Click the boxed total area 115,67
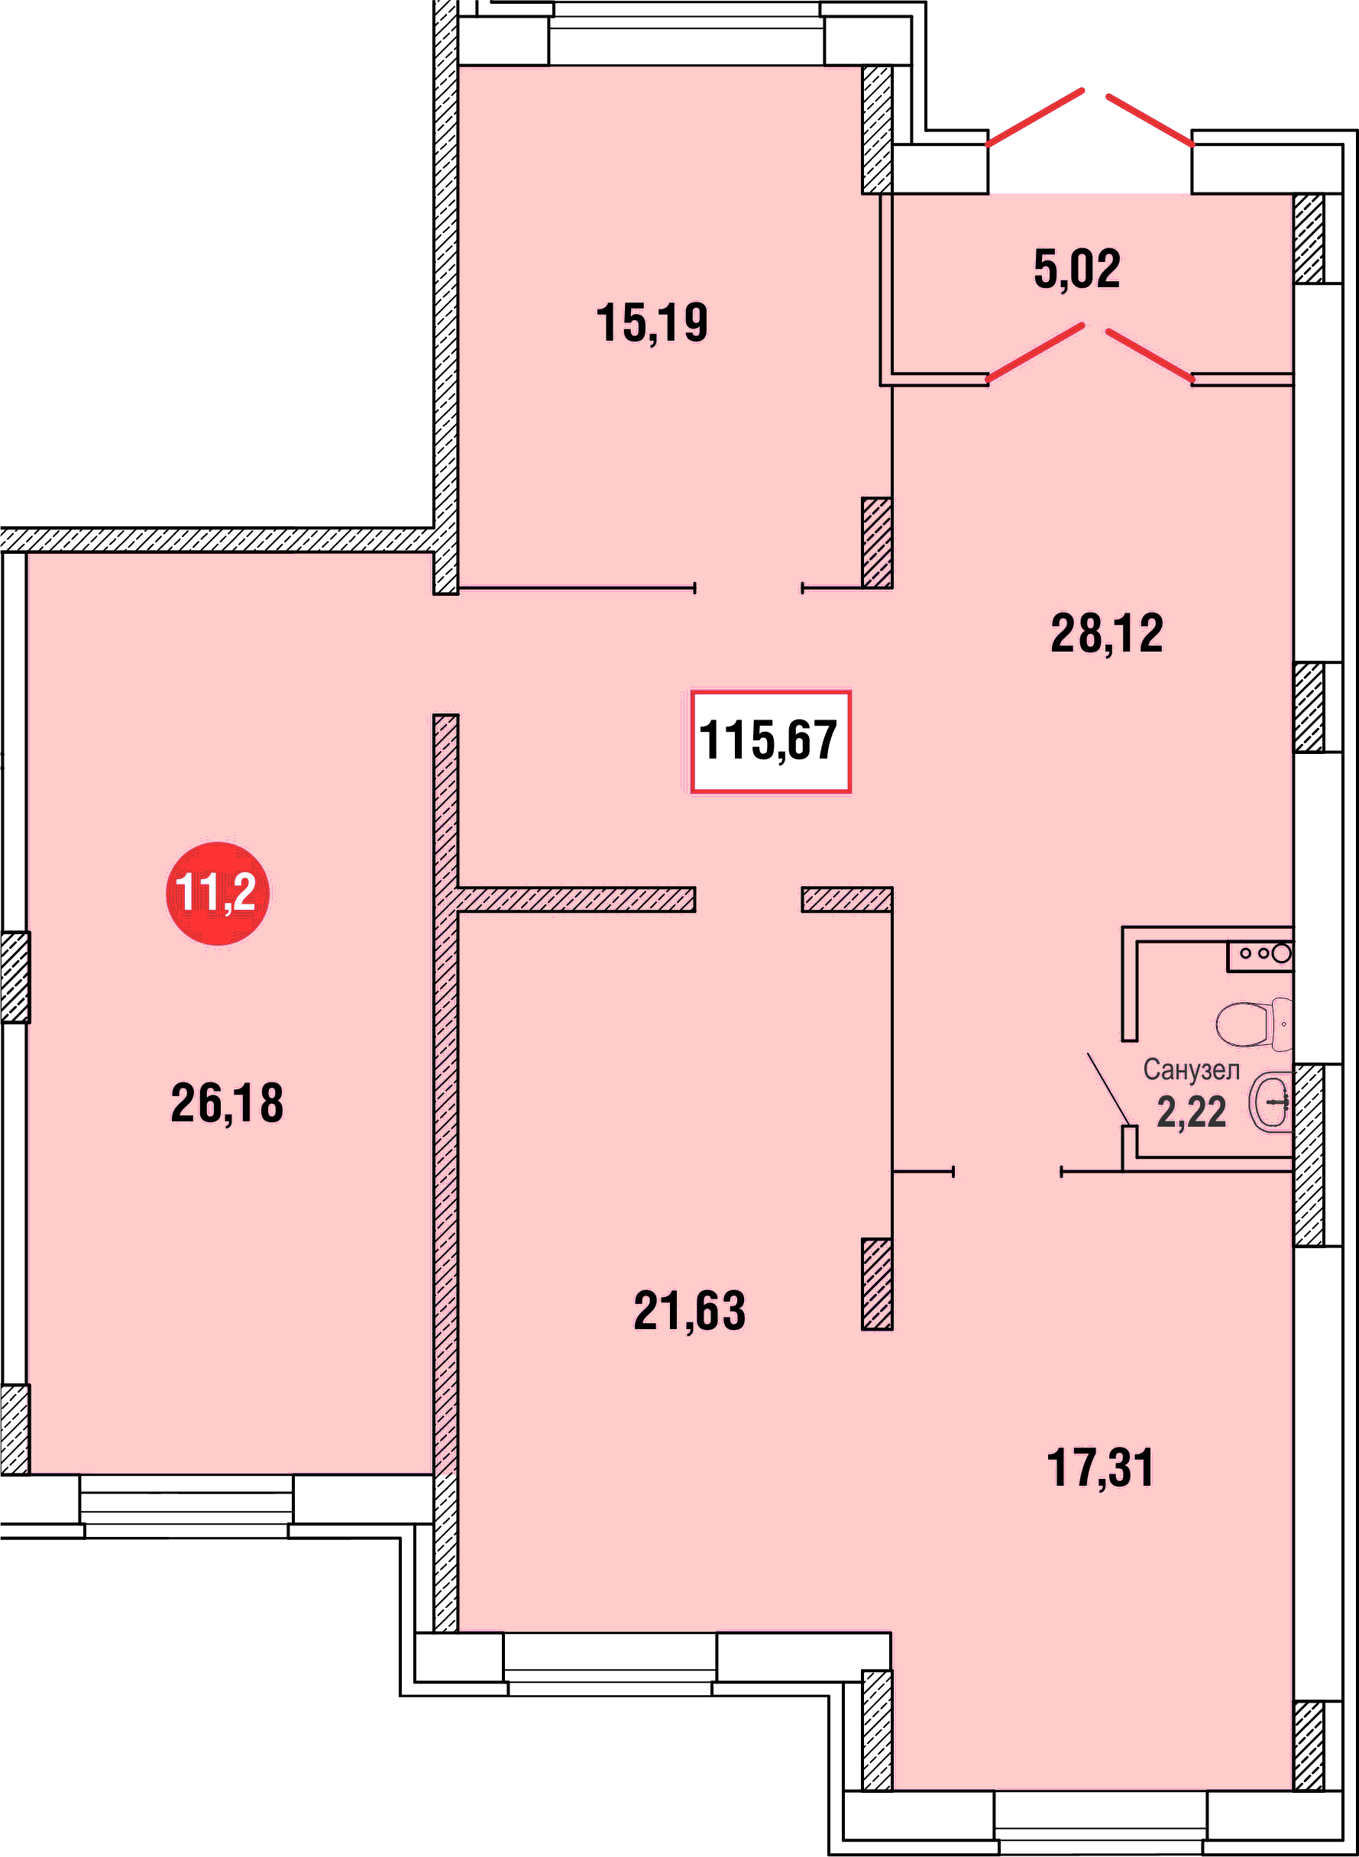pos(770,741)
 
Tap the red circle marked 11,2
pos(217,893)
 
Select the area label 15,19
pos(652,322)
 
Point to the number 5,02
pos(1077,270)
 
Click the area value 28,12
pos(1106,634)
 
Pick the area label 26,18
pos(227,1103)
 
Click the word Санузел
pos(1191,1070)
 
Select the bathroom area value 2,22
pos(1191,1112)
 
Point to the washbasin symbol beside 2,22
pos(1271,1103)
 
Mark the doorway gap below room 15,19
pos(749,588)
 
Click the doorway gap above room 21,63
pos(749,899)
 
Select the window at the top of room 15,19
pos(686,33)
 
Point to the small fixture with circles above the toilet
pos(1260,955)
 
